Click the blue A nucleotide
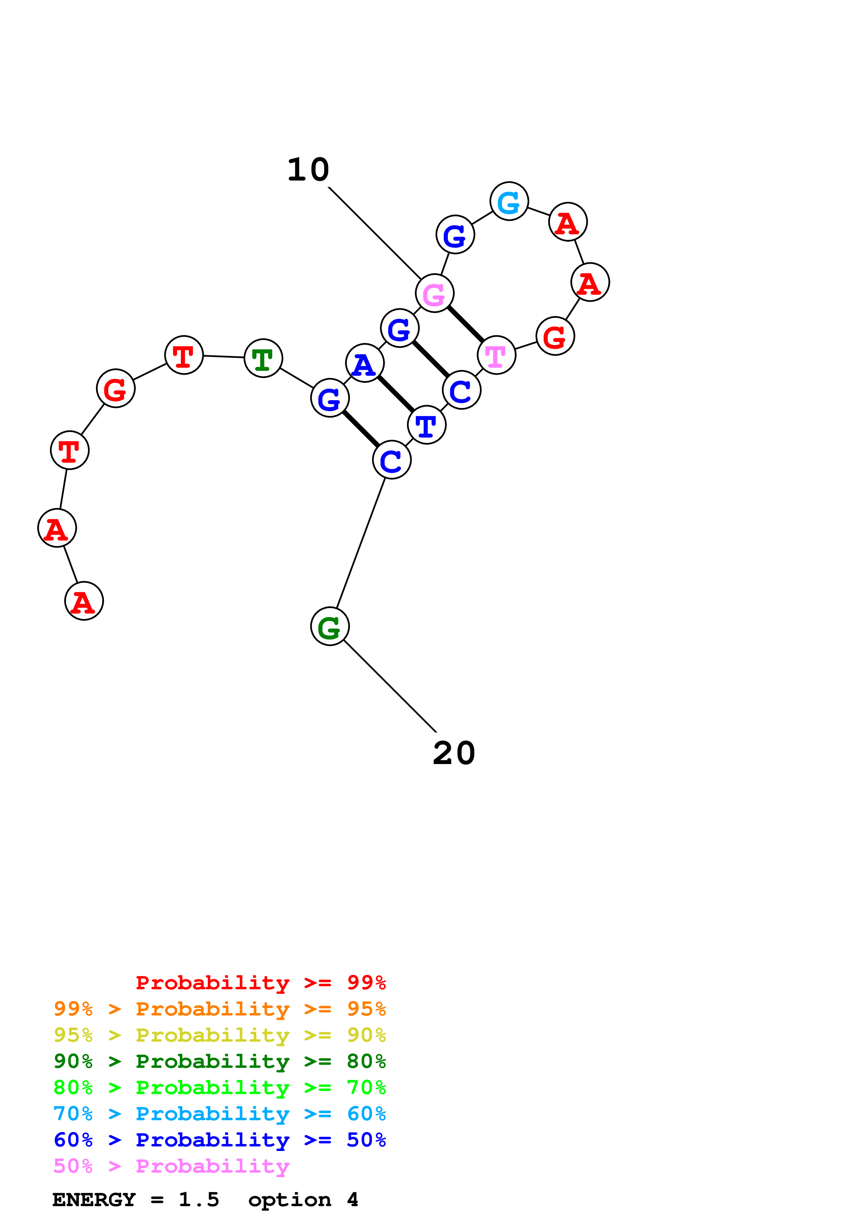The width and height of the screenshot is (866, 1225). coord(365,363)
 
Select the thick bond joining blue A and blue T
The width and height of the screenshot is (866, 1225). coord(396,394)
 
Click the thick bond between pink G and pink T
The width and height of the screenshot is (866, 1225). coord(465,324)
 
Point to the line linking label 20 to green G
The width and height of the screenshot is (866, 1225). coord(391,687)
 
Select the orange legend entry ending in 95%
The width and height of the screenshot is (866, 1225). coord(219,1009)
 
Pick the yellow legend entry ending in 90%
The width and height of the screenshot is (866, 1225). coord(219,1035)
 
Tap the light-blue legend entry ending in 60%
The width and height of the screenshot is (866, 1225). coord(219,1114)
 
